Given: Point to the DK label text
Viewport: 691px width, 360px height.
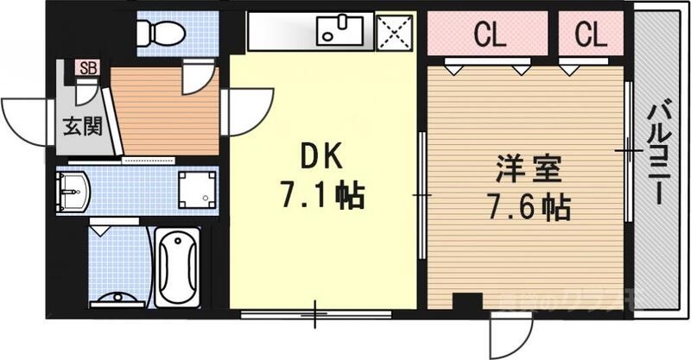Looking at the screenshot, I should coord(321,157).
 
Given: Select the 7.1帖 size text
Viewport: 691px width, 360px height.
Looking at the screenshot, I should coord(320,195).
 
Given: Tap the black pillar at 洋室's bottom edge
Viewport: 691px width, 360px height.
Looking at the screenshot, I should coord(467,302).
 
